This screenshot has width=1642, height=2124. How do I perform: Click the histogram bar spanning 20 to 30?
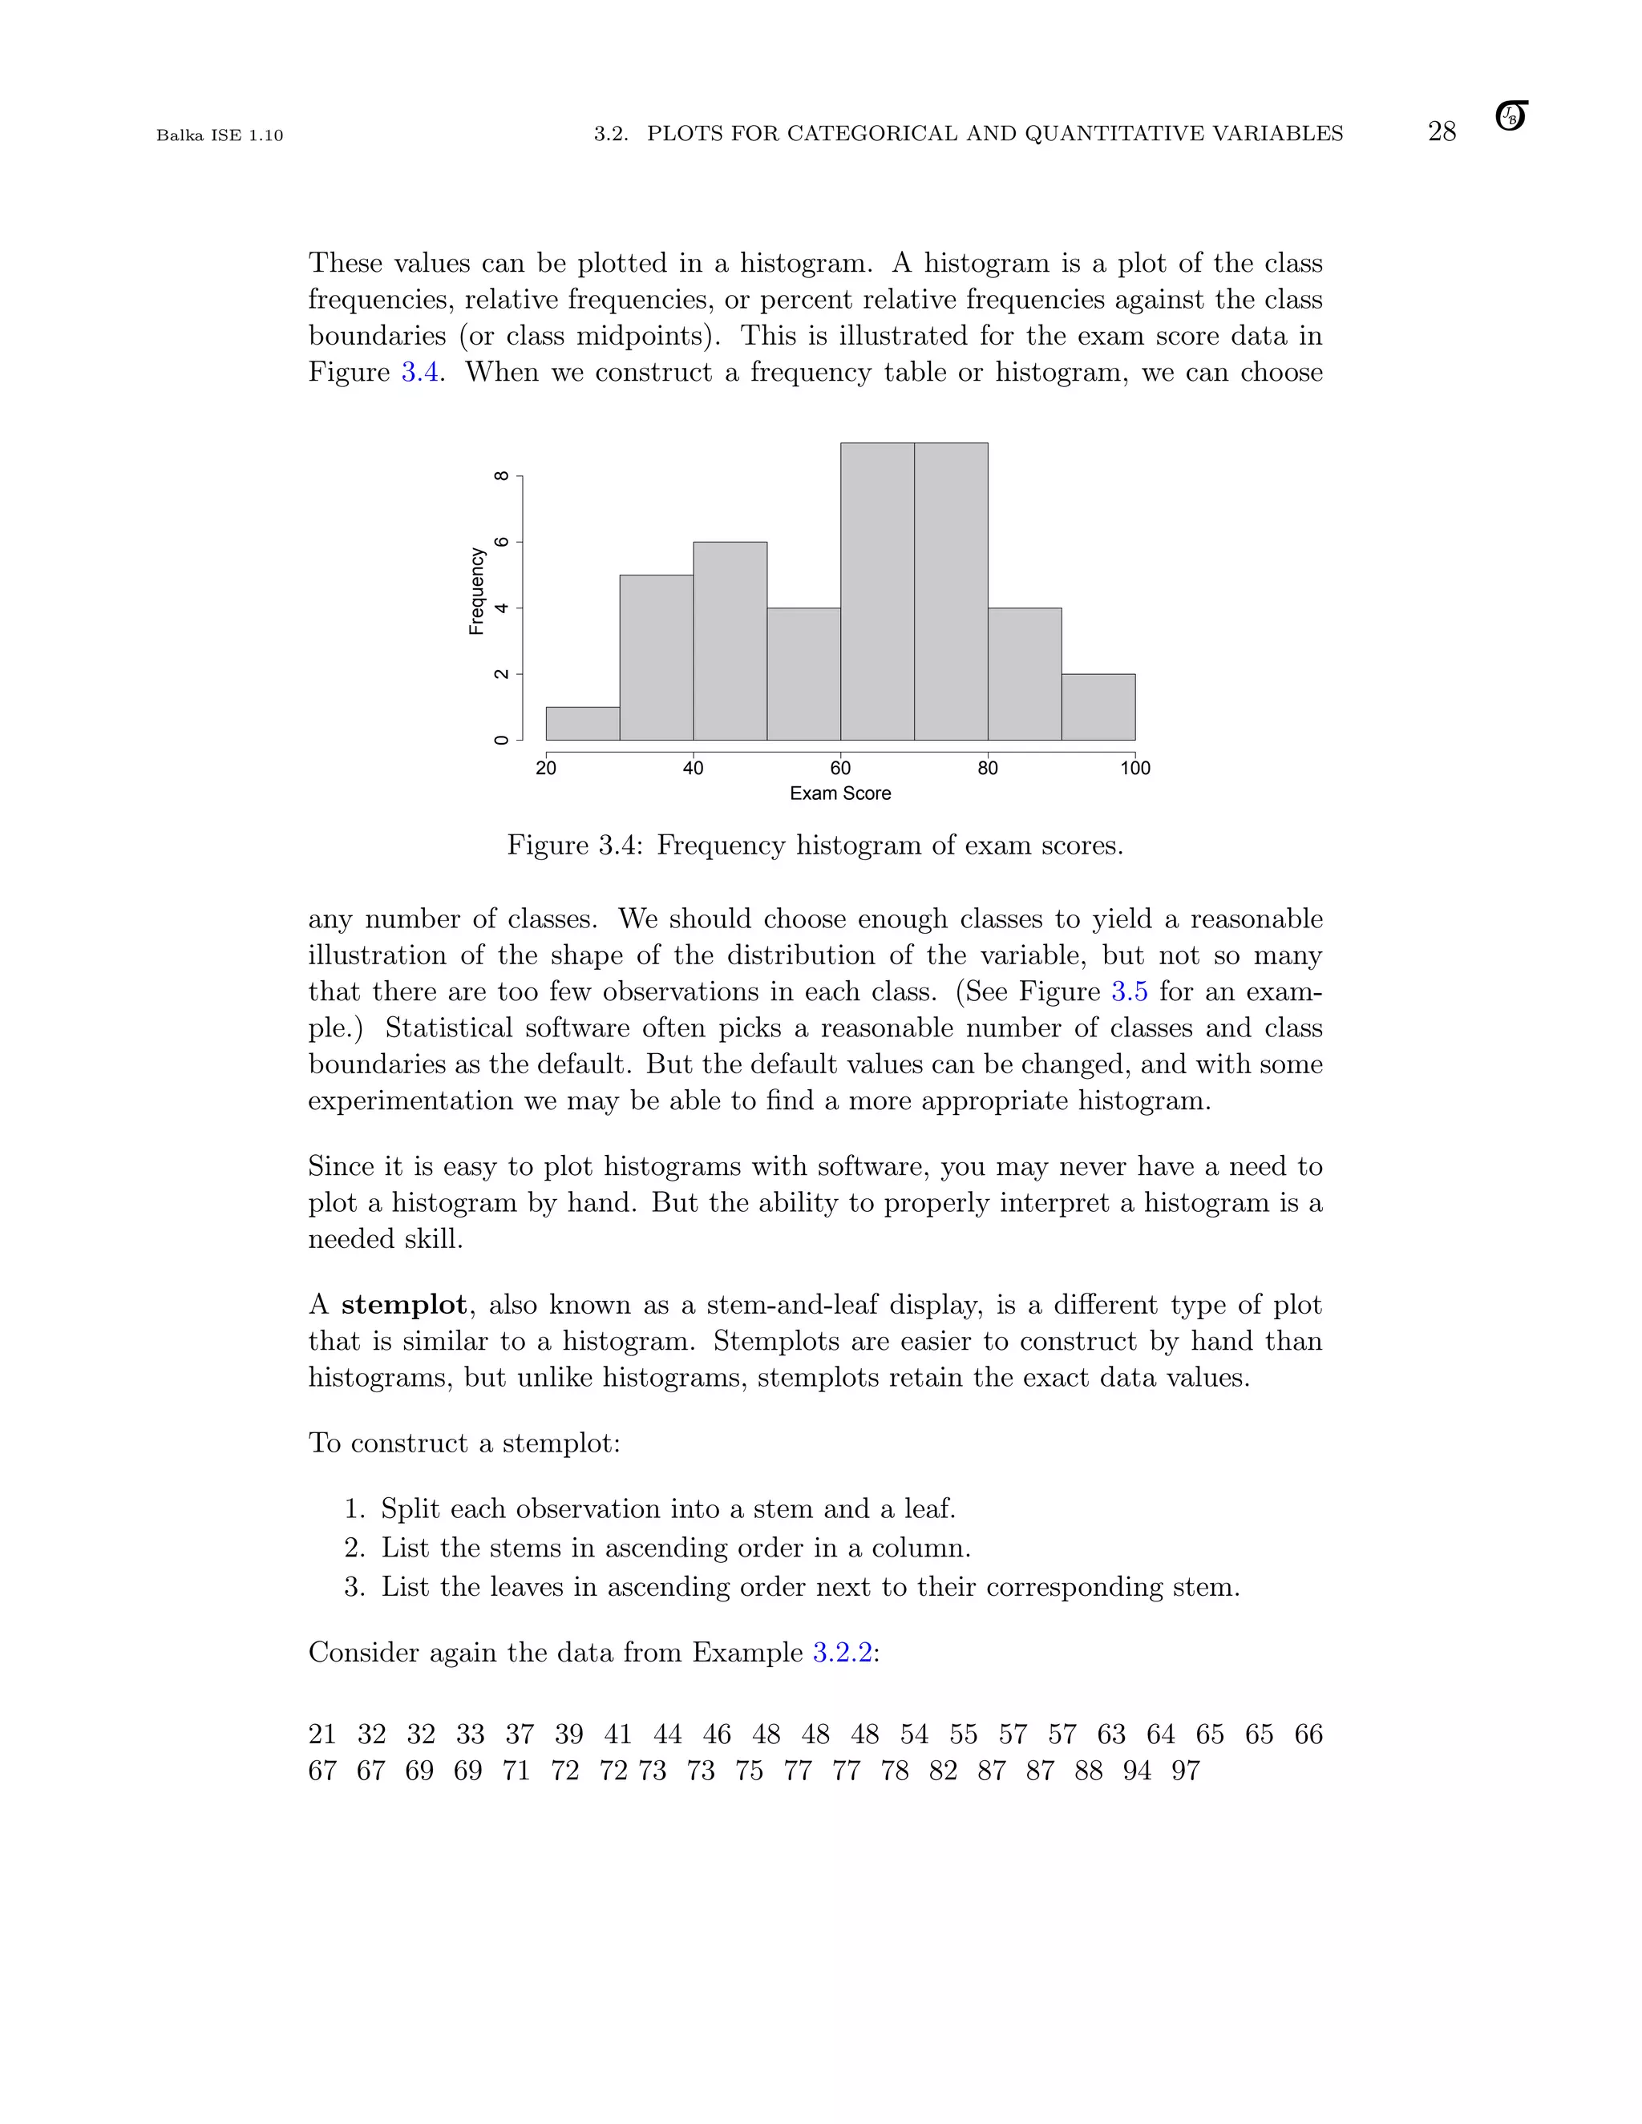pyautogui.click(x=583, y=724)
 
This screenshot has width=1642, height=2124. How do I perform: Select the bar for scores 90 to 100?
pyautogui.click(x=1098, y=707)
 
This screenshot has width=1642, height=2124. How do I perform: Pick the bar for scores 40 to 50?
pyautogui.click(x=730, y=641)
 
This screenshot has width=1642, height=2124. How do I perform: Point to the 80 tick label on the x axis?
pyautogui.click(x=987, y=769)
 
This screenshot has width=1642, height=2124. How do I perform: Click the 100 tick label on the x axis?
pyautogui.click(x=1134, y=769)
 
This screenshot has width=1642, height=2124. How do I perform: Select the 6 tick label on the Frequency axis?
pyautogui.click(x=502, y=542)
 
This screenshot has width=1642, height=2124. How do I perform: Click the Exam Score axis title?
pyautogui.click(x=839, y=793)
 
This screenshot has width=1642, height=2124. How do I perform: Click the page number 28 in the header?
pyautogui.click(x=1441, y=132)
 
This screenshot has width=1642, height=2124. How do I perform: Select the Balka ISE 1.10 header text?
pyautogui.click(x=220, y=135)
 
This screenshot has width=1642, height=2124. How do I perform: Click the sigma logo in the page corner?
pyautogui.click(x=1511, y=117)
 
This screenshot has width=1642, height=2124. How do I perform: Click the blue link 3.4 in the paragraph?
pyautogui.click(x=419, y=373)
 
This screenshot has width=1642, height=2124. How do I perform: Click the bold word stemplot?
pyautogui.click(x=404, y=1305)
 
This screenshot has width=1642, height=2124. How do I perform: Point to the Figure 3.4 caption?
pyautogui.click(x=815, y=845)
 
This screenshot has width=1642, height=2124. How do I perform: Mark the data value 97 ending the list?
pyautogui.click(x=1185, y=1771)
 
